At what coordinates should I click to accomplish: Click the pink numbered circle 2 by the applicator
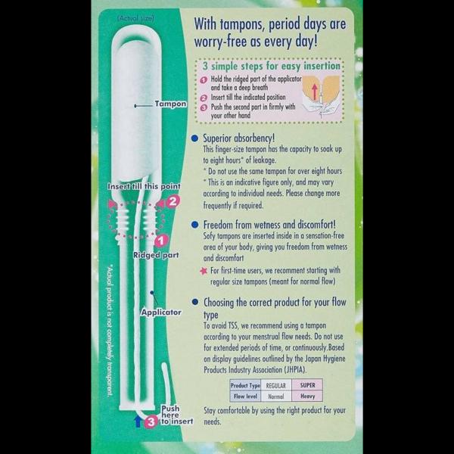pyautogui.click(x=173, y=201)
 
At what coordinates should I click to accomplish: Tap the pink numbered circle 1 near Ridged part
pyautogui.click(x=161, y=241)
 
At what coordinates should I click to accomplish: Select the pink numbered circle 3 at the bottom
pyautogui.click(x=151, y=421)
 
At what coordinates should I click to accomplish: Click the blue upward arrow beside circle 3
pyautogui.click(x=138, y=421)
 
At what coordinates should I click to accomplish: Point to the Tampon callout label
pyautogui.click(x=170, y=104)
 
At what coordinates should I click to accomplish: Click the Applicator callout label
pyautogui.click(x=161, y=313)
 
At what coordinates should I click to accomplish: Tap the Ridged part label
pyautogui.click(x=156, y=255)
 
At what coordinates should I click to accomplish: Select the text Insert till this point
pyautogui.click(x=144, y=186)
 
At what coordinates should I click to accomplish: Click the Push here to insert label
pyautogui.click(x=177, y=415)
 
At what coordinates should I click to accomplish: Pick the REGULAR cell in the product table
pyautogui.click(x=276, y=385)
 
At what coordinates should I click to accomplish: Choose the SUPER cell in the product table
pyautogui.click(x=307, y=385)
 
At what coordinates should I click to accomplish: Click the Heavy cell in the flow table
pyautogui.click(x=307, y=396)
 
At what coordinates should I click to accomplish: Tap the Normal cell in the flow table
pyautogui.click(x=276, y=396)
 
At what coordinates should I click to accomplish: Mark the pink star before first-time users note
pyautogui.click(x=204, y=271)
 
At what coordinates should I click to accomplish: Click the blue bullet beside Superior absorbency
pyautogui.click(x=195, y=138)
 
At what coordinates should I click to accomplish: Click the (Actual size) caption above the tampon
pyautogui.click(x=135, y=18)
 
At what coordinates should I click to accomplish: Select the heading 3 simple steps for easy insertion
pyautogui.click(x=272, y=66)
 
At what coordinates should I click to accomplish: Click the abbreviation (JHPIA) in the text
pyautogui.click(x=295, y=370)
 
